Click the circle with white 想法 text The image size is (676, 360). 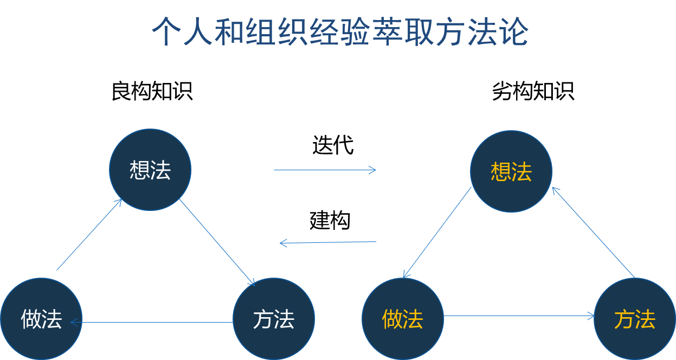(x=150, y=170)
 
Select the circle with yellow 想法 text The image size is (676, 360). (x=511, y=171)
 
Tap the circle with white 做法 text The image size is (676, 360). (x=41, y=319)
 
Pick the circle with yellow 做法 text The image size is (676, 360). (x=403, y=319)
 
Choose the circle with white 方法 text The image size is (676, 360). (x=274, y=319)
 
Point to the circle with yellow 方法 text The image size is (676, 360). (x=635, y=319)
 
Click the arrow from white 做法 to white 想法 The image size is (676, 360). (x=89, y=234)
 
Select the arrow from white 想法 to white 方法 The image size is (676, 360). (x=217, y=242)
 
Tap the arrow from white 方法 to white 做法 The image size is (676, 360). (x=157, y=323)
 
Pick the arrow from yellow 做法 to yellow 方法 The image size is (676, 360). (x=519, y=316)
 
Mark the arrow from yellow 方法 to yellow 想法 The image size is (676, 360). (x=593, y=232)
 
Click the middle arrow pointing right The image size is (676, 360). (x=325, y=170)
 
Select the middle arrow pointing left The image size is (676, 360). (x=328, y=242)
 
